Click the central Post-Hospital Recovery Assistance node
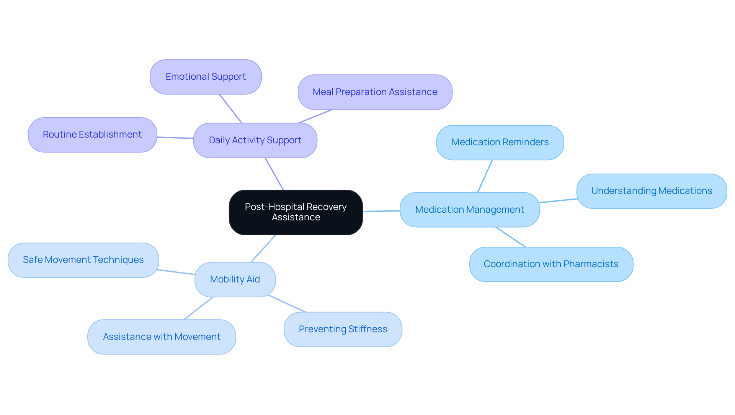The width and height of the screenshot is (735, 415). point(296,212)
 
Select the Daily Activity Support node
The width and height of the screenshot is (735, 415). point(255,140)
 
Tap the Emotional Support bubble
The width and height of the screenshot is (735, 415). point(206,77)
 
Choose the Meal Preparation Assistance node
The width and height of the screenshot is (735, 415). point(375,92)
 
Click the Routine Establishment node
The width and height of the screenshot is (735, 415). point(92,135)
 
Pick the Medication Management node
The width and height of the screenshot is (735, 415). point(469,210)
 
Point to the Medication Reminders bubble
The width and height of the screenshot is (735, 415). point(500,142)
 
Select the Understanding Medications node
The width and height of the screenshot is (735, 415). point(651,191)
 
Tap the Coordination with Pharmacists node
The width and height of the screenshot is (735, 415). point(551,264)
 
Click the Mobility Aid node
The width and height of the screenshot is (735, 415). point(235,279)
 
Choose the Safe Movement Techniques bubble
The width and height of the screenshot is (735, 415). point(83,260)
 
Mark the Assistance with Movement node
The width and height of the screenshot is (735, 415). point(162,337)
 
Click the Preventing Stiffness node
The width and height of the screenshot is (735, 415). point(343,329)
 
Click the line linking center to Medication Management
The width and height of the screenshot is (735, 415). point(381,211)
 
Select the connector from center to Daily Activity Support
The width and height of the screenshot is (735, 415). point(274,174)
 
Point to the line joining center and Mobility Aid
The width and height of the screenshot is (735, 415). point(263,249)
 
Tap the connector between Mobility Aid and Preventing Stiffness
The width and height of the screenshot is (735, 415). point(287,303)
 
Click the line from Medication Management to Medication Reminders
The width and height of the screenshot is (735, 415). point(485,176)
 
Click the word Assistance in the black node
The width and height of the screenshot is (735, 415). point(296,217)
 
